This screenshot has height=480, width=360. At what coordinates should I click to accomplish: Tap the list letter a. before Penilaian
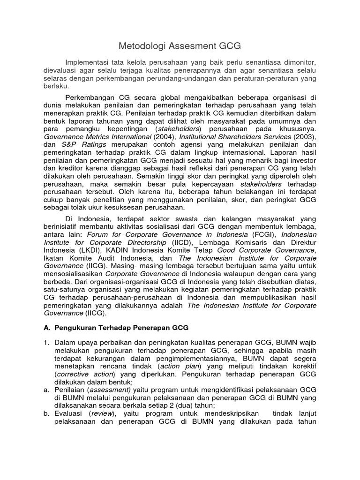point(47,390)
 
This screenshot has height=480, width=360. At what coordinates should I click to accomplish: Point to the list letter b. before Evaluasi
point(47,413)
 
